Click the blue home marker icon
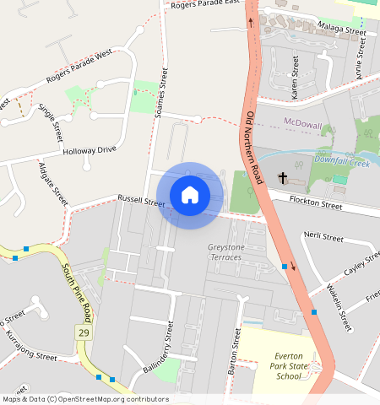(190, 195)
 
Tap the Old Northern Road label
(256, 148)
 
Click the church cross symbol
(283, 178)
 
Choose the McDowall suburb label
(303, 125)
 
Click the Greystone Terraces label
(225, 251)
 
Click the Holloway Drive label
(89, 150)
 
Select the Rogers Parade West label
(81, 67)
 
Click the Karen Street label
(295, 78)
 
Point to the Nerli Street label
(323, 237)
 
